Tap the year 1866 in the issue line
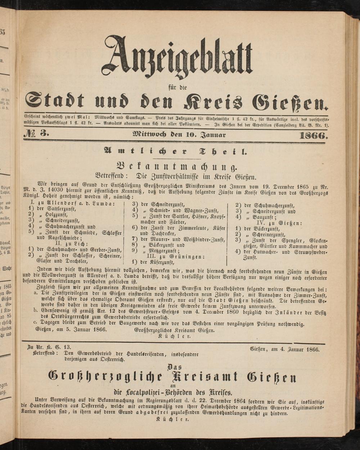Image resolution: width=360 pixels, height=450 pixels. point(312,136)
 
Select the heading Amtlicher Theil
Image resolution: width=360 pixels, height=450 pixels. point(175,151)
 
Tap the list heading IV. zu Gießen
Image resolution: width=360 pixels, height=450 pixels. point(277,223)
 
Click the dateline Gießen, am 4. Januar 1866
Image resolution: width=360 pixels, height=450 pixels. point(284,349)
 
